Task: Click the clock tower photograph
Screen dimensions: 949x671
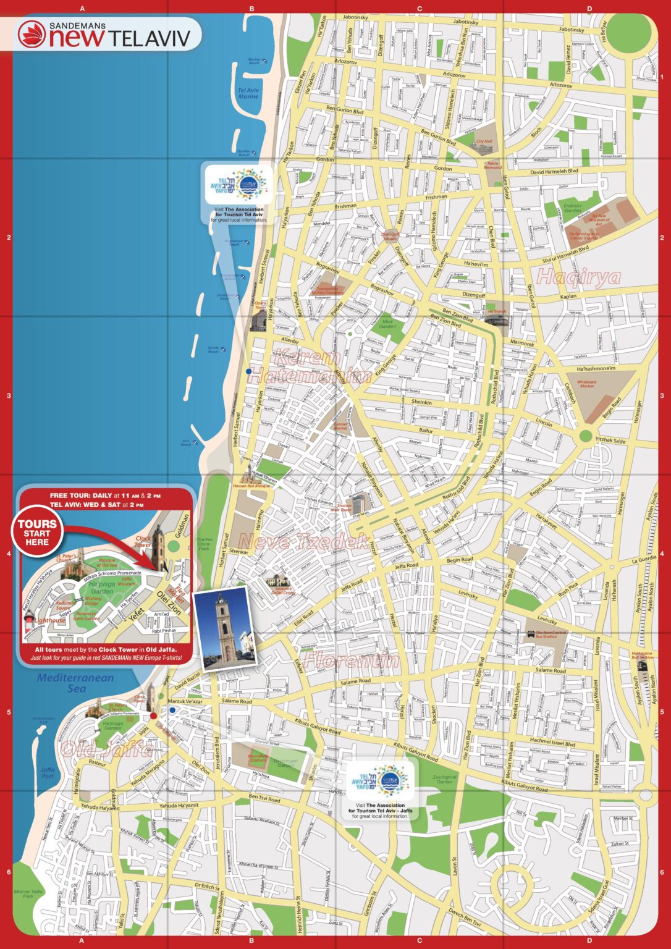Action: point(224,630)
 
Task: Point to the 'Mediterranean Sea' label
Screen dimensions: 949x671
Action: point(75,683)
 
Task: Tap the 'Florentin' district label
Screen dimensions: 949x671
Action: point(350,660)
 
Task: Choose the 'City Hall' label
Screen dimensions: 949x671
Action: point(484,141)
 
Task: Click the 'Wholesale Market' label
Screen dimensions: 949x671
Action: point(586,384)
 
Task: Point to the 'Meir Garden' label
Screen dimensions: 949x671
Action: point(387,323)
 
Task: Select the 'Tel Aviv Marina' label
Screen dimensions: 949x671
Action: point(248,93)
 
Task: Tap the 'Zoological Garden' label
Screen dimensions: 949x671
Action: point(444,779)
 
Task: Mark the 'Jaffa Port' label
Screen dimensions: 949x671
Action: point(48,772)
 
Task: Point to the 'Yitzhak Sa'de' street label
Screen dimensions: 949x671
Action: point(610,441)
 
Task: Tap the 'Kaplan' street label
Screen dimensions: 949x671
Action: point(568,297)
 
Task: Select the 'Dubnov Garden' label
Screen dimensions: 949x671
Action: point(573,208)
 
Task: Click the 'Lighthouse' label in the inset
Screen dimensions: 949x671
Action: point(49,620)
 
